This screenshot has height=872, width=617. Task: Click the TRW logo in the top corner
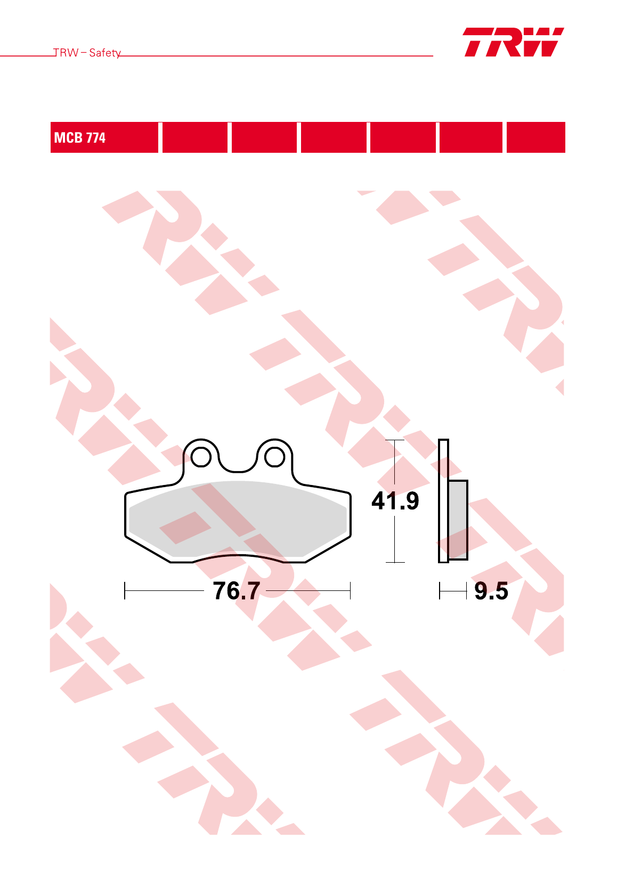pos(513,42)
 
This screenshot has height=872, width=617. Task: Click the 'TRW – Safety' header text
pos(87,53)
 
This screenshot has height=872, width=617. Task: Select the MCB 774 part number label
pos(79,138)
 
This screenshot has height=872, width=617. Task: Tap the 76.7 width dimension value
pos(237,590)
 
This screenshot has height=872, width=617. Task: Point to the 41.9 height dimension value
pos(395,500)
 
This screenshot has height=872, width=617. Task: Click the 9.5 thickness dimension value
pos(491,591)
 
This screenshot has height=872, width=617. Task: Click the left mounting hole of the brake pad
pos(201,457)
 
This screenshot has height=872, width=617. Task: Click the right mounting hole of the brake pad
pos(274,457)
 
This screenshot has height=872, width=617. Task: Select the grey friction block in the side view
pos(458,520)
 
